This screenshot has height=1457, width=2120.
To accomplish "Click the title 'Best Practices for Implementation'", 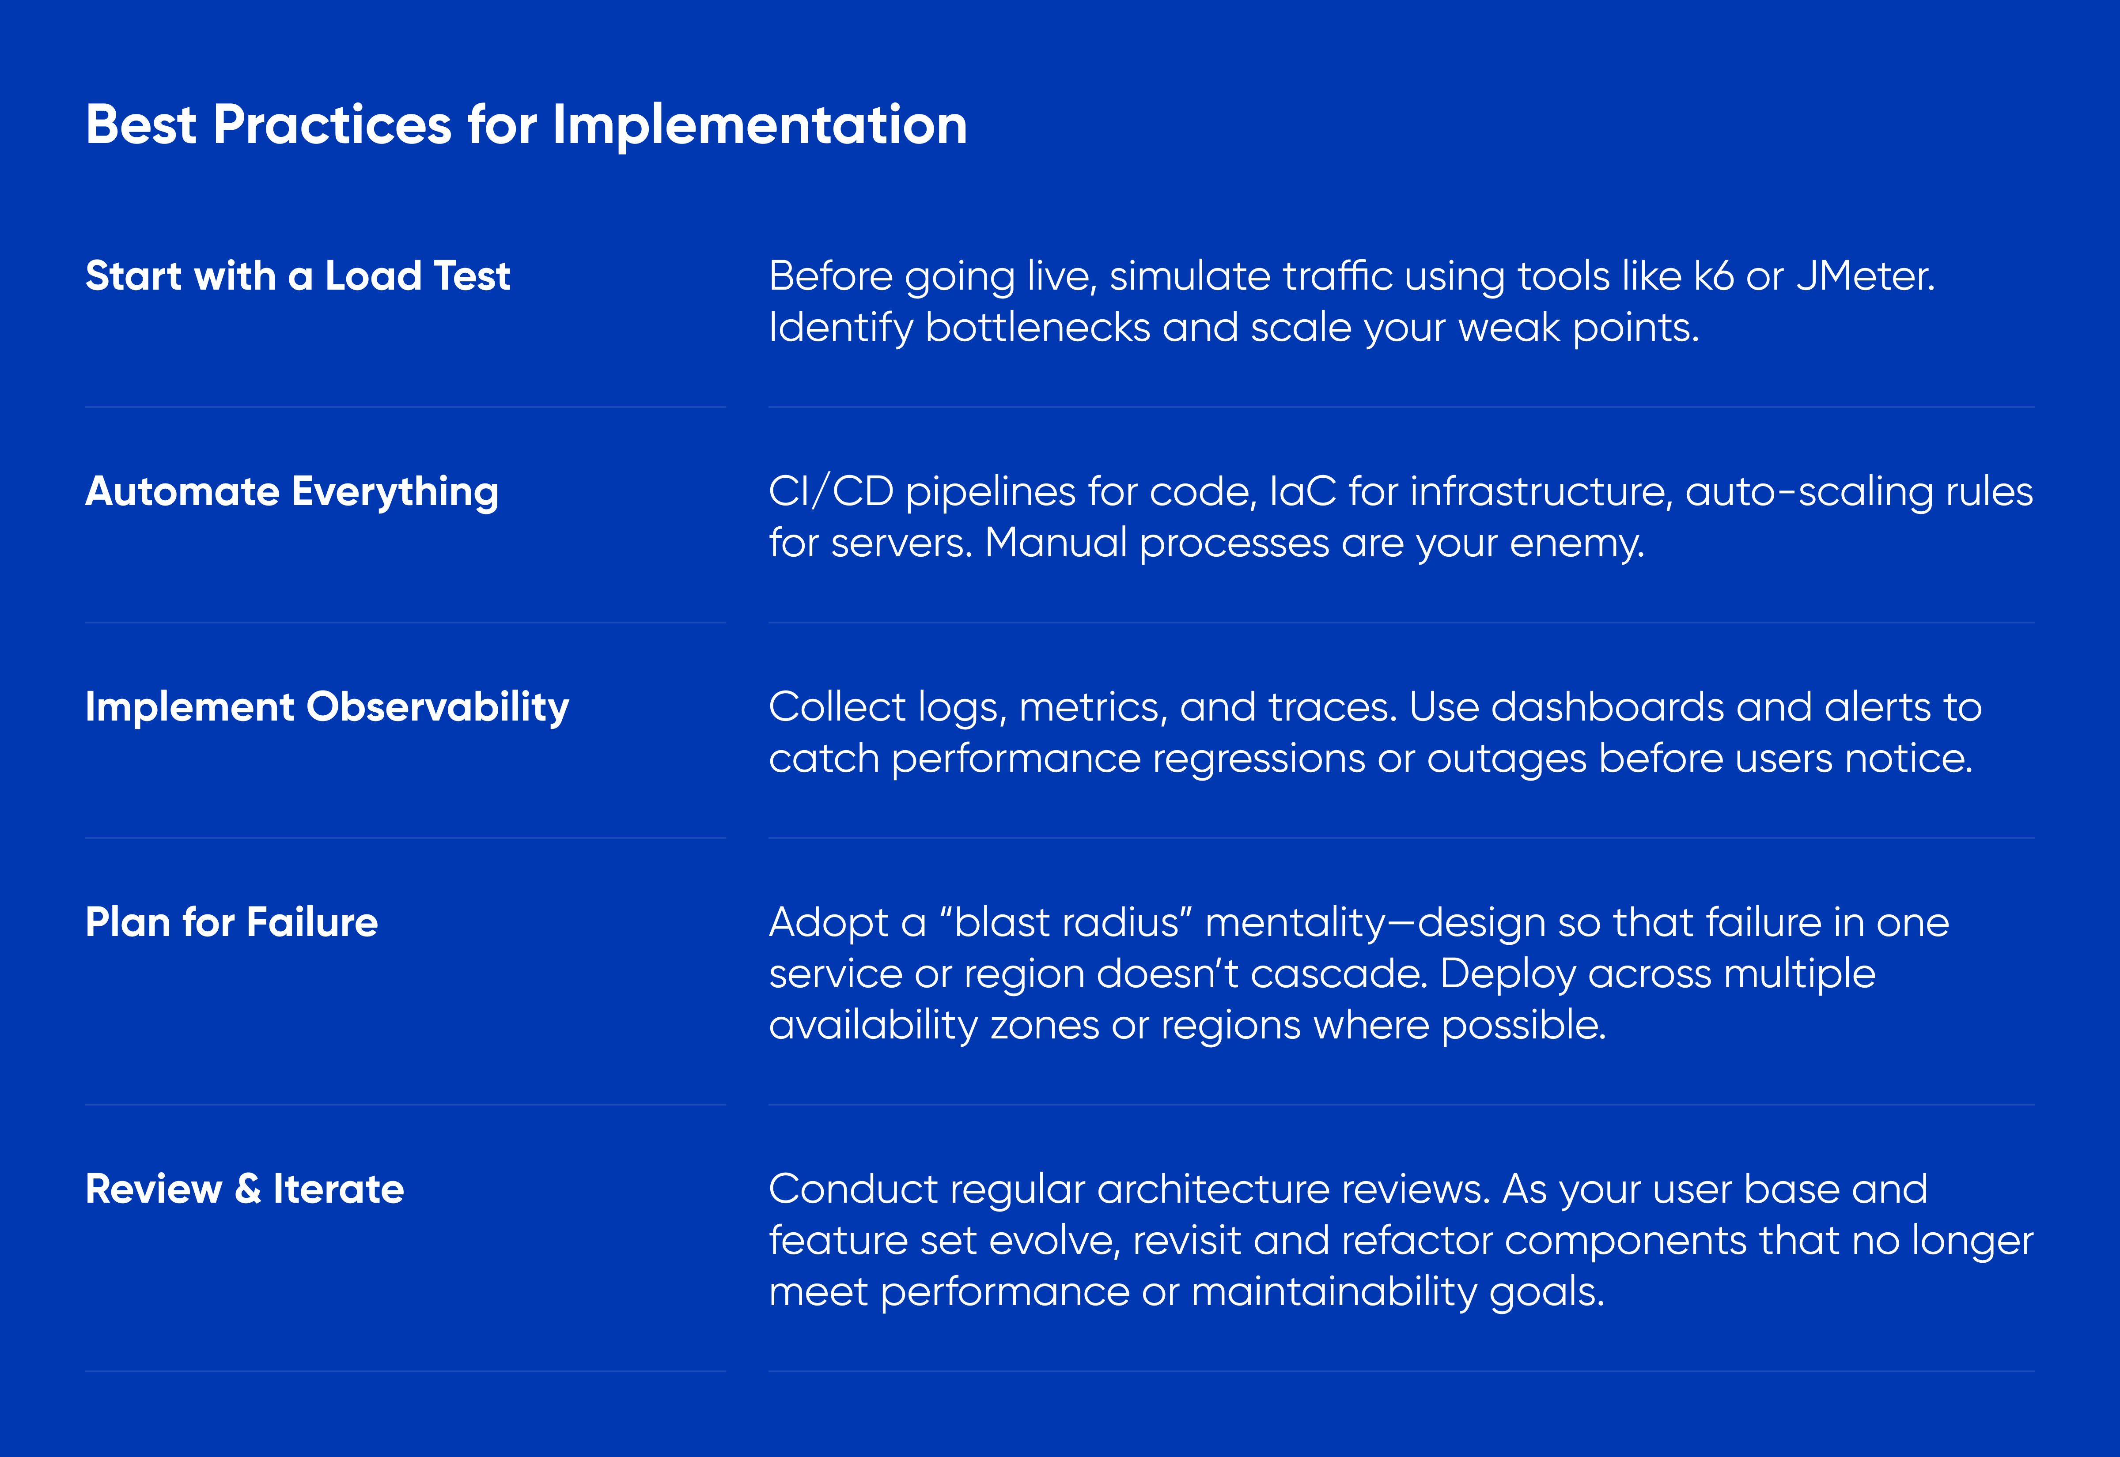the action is point(526,125).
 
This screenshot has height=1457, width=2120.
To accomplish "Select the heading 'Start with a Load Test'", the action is point(298,276).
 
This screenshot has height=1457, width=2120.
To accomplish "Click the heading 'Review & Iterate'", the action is point(245,1189).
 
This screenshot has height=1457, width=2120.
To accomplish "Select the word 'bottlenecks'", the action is point(1037,327).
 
